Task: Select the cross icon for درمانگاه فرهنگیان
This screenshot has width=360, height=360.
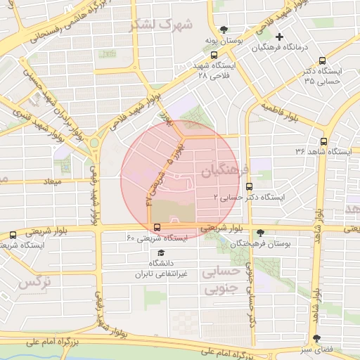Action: tap(280, 37)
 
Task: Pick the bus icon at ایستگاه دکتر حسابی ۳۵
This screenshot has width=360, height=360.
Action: tap(322, 61)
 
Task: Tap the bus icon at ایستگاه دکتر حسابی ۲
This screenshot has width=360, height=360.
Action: tap(249, 186)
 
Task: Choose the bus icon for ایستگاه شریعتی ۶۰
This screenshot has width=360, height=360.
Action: tap(157, 227)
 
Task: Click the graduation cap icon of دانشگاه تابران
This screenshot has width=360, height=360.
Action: tap(161, 252)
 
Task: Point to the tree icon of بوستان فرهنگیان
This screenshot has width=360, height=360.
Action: tap(261, 232)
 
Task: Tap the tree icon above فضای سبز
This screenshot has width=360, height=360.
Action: tap(316, 338)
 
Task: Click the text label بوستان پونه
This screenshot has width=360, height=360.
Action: tap(224, 41)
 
